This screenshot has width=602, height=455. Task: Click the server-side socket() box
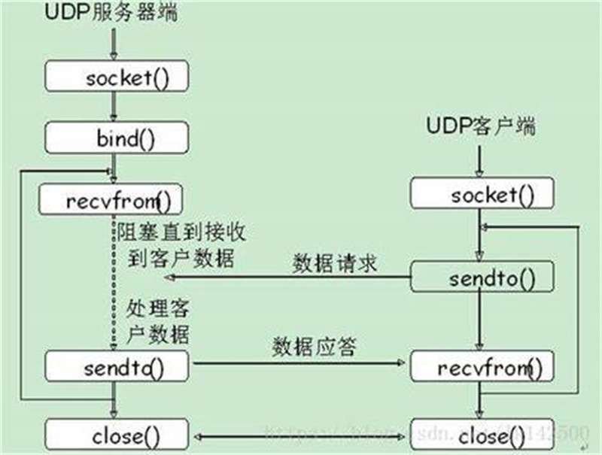click(114, 77)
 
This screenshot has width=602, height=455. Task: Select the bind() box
click(114, 138)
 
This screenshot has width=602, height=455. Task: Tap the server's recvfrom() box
click(114, 199)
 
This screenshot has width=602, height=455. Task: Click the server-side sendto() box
click(114, 367)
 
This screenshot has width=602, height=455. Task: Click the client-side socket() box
click(482, 196)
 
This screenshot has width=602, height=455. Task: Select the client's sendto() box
click(482, 279)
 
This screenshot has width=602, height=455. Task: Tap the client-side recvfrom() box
click(482, 369)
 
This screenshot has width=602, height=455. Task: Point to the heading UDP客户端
click(482, 126)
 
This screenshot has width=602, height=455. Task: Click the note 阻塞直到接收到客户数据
click(181, 243)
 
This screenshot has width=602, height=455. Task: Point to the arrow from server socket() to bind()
click(114, 105)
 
